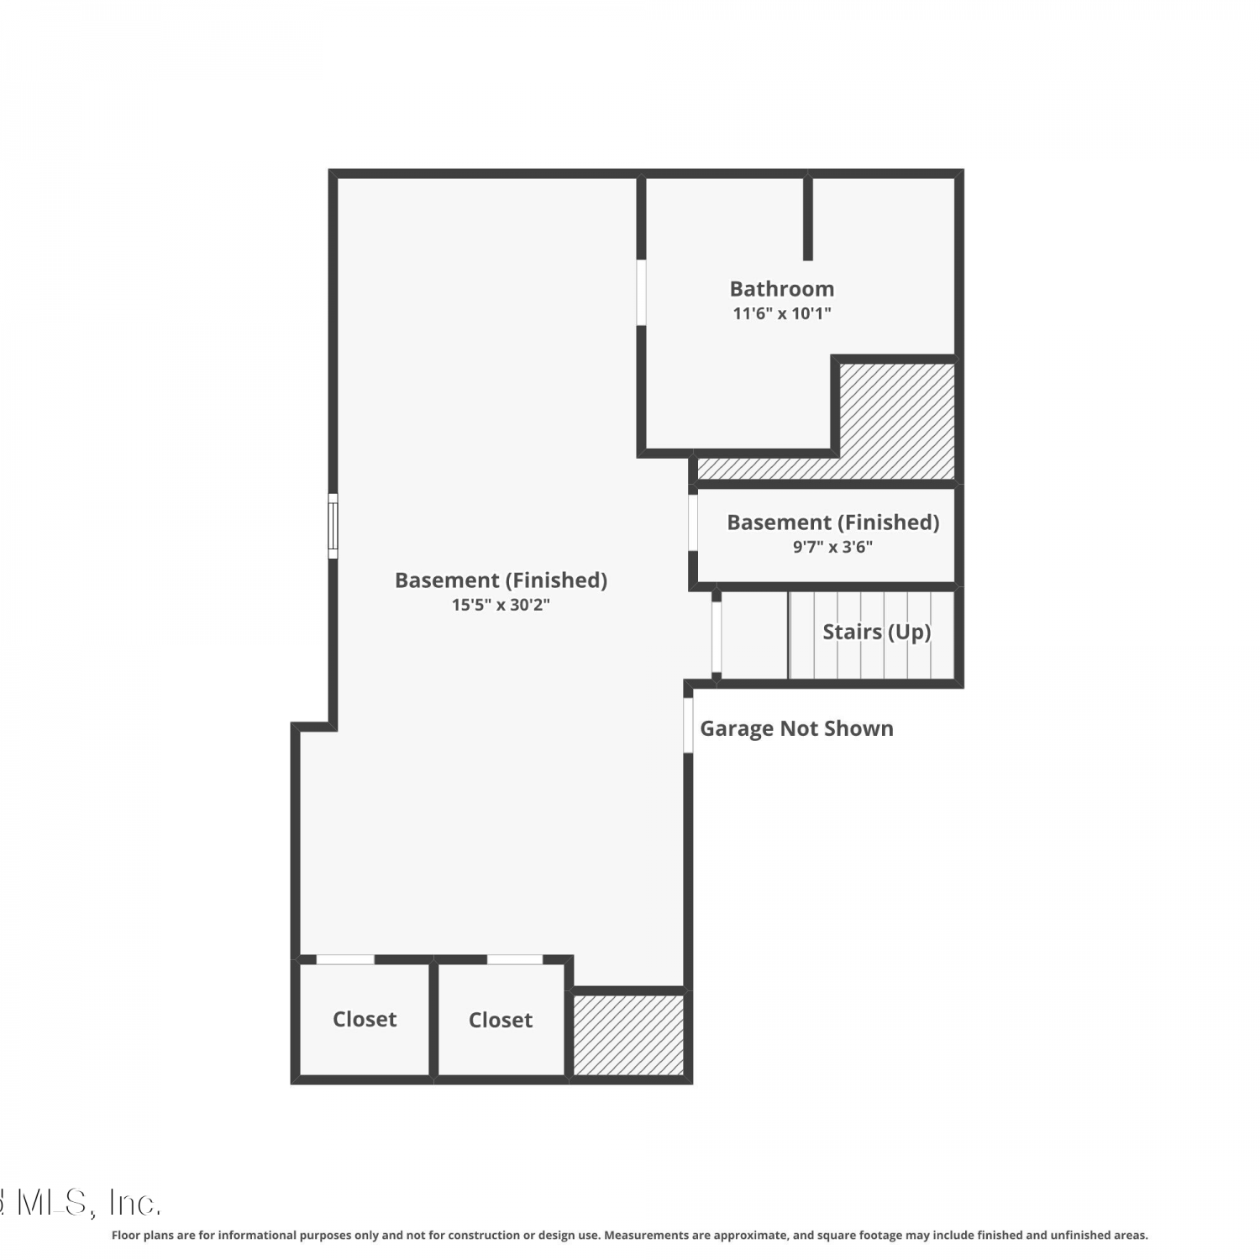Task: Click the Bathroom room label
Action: tap(782, 289)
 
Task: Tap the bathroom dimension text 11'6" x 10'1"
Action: tap(782, 313)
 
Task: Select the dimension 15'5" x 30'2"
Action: tap(501, 605)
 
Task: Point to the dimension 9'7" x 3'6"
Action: tap(832, 547)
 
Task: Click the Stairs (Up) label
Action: tap(876, 632)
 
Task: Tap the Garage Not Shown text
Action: tap(796, 728)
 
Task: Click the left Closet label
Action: tap(365, 1019)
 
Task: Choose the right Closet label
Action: tap(501, 1020)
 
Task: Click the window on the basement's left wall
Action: tap(333, 526)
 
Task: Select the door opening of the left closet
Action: tap(345, 959)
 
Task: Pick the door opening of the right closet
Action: tap(515, 959)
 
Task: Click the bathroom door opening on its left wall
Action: tap(641, 292)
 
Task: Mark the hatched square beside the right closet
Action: tap(628, 1035)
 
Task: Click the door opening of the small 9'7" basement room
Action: tap(693, 522)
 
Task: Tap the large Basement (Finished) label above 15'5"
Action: tap(501, 580)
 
